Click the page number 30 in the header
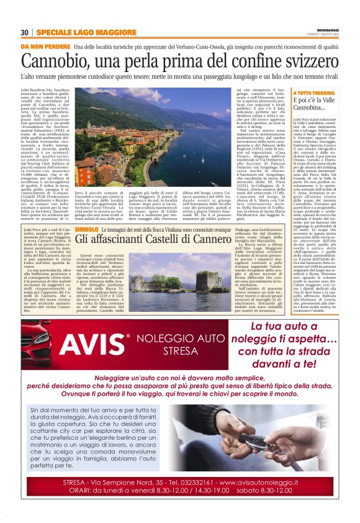pos(24,33)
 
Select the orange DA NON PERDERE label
pos(45,47)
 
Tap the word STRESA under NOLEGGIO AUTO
pos(180,350)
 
